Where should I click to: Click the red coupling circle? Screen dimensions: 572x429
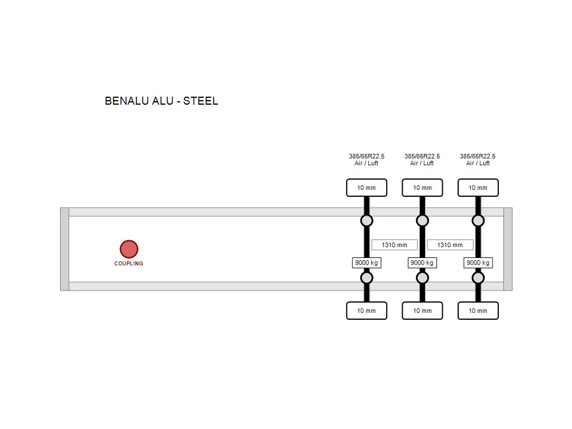pyautogui.click(x=129, y=249)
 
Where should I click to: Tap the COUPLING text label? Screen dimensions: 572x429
pyautogui.click(x=129, y=263)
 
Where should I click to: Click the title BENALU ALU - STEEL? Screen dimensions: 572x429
pyautogui.click(x=161, y=101)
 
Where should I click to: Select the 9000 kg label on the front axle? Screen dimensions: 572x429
pyautogui.click(x=367, y=263)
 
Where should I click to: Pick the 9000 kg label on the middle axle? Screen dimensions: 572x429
pyautogui.click(x=422, y=263)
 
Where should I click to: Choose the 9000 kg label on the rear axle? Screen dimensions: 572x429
pyautogui.click(x=478, y=263)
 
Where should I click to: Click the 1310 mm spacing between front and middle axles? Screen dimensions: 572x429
pyautogui.click(x=394, y=245)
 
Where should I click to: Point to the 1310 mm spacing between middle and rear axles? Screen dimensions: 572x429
pyautogui.click(x=450, y=245)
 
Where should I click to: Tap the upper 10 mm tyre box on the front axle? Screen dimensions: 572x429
pyautogui.click(x=367, y=188)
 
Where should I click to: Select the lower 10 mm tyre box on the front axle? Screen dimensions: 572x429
pyautogui.click(x=367, y=311)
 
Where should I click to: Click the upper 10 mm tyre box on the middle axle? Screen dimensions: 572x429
pyautogui.click(x=423, y=188)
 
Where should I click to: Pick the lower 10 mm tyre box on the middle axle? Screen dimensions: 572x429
pyautogui.click(x=423, y=311)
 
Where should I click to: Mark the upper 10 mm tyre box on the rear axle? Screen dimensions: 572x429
pyautogui.click(x=478, y=188)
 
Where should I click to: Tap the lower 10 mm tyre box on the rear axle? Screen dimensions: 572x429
pyautogui.click(x=478, y=311)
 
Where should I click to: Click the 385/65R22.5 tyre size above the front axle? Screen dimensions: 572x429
pyautogui.click(x=367, y=156)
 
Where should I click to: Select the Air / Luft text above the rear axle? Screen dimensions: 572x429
pyautogui.click(x=478, y=163)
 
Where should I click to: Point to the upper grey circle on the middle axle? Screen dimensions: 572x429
pyautogui.click(x=423, y=221)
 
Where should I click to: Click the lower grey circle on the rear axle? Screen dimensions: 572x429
pyautogui.click(x=478, y=278)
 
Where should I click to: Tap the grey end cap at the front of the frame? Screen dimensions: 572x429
pyautogui.click(x=65, y=249)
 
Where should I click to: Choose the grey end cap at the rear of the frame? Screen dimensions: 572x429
pyautogui.click(x=508, y=249)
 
